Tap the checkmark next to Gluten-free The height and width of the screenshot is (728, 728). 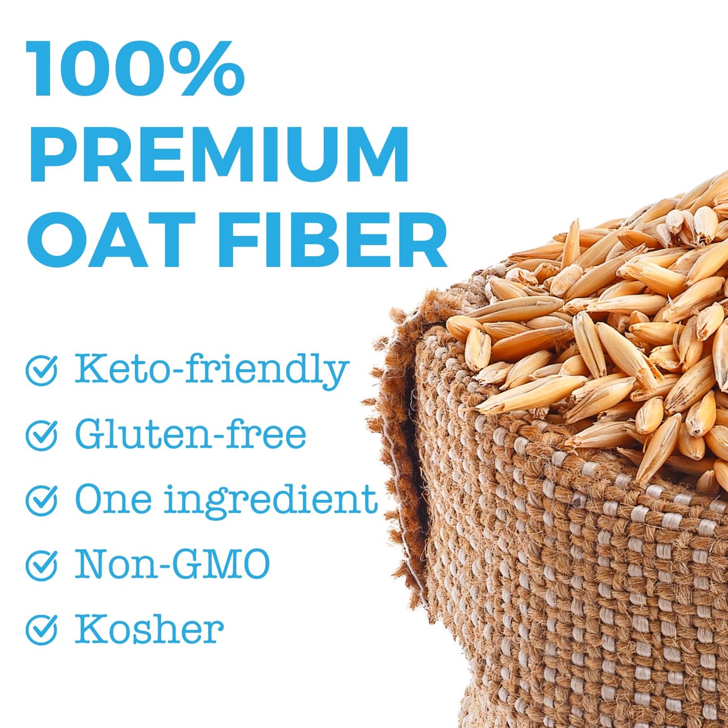click(41, 435)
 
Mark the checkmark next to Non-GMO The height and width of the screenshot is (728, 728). click(41, 564)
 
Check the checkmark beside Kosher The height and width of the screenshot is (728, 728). click(41, 629)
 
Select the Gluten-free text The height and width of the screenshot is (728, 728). click(190, 435)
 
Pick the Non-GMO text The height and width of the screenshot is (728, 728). click(172, 564)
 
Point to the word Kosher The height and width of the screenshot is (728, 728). click(149, 629)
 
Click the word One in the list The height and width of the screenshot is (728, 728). click(113, 499)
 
